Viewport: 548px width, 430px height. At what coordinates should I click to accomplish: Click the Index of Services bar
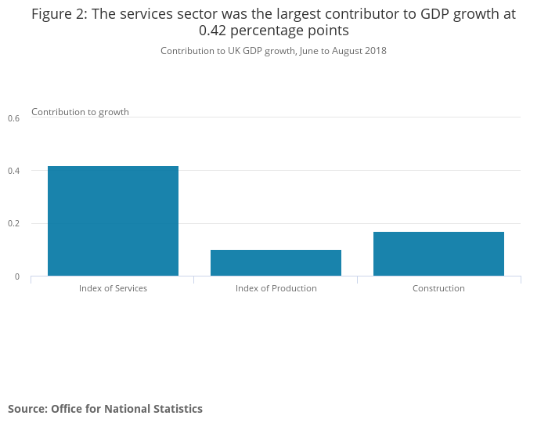[113, 221]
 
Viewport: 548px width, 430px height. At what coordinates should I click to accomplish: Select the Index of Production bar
[276, 262]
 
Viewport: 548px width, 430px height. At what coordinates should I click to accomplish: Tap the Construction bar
[438, 254]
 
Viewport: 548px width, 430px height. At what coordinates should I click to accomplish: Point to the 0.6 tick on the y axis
[13, 118]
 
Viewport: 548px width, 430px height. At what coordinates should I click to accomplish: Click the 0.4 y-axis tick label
[13, 171]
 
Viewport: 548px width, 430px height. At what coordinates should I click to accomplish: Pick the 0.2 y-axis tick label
[13, 224]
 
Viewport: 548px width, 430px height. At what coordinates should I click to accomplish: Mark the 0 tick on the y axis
[16, 276]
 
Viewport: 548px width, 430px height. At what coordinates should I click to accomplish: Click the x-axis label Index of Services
[113, 288]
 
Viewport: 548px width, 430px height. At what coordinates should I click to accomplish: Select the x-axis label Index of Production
[276, 288]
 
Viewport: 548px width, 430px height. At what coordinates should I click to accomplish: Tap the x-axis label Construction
[438, 288]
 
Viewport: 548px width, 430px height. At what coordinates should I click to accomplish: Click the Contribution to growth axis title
[80, 112]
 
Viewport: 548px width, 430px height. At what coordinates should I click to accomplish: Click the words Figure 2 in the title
[59, 14]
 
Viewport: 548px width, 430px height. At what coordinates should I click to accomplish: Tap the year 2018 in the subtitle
[374, 51]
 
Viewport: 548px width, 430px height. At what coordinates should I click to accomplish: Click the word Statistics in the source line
[177, 409]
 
